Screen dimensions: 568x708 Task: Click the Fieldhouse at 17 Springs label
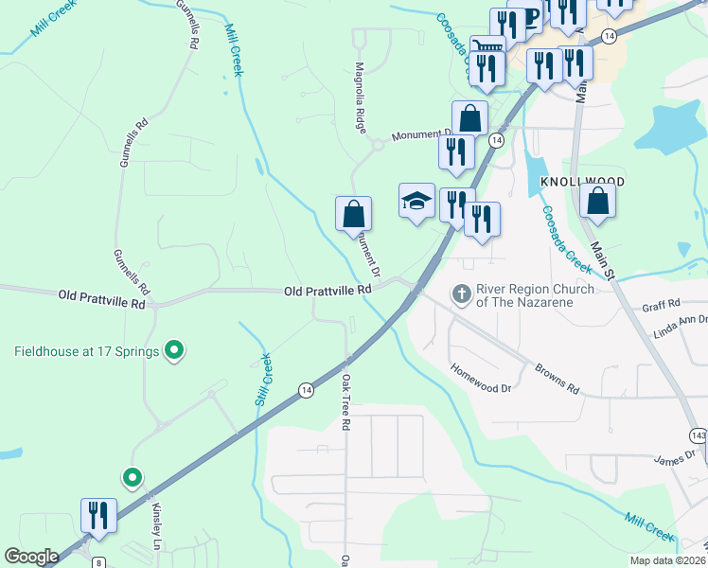pos(86,352)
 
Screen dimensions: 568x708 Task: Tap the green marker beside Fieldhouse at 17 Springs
pos(173,351)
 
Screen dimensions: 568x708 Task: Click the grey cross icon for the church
pos(462,294)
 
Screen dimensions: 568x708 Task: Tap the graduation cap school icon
pos(416,201)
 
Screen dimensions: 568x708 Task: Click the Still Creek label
pos(263,381)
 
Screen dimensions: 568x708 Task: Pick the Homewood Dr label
pos(480,380)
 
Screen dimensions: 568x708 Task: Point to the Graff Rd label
pos(662,306)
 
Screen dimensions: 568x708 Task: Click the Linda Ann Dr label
pos(680,328)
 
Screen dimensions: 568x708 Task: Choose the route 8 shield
pos(98,562)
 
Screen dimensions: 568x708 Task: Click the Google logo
pos(31,557)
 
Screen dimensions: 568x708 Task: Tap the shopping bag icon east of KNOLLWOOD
pos(598,201)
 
